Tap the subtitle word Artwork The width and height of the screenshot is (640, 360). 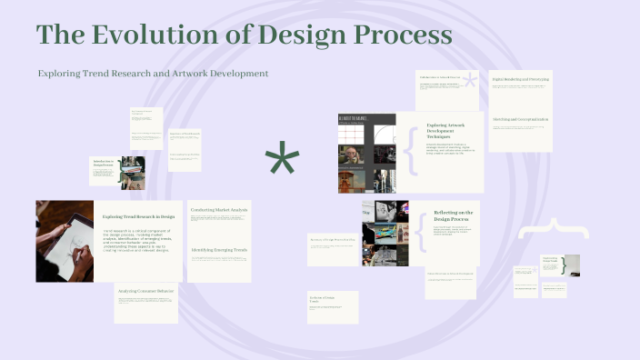191,73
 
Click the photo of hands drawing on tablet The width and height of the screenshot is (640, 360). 65,241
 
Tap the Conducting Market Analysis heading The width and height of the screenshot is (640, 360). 219,210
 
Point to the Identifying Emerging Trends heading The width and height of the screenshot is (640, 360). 219,249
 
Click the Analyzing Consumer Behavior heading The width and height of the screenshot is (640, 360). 145,291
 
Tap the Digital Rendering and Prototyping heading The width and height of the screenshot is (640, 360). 520,79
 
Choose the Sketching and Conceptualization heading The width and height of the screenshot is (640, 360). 520,119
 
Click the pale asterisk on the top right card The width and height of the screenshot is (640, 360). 469,81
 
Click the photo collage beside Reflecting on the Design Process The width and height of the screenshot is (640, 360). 385,233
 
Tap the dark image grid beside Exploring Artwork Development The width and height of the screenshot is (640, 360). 366,153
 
